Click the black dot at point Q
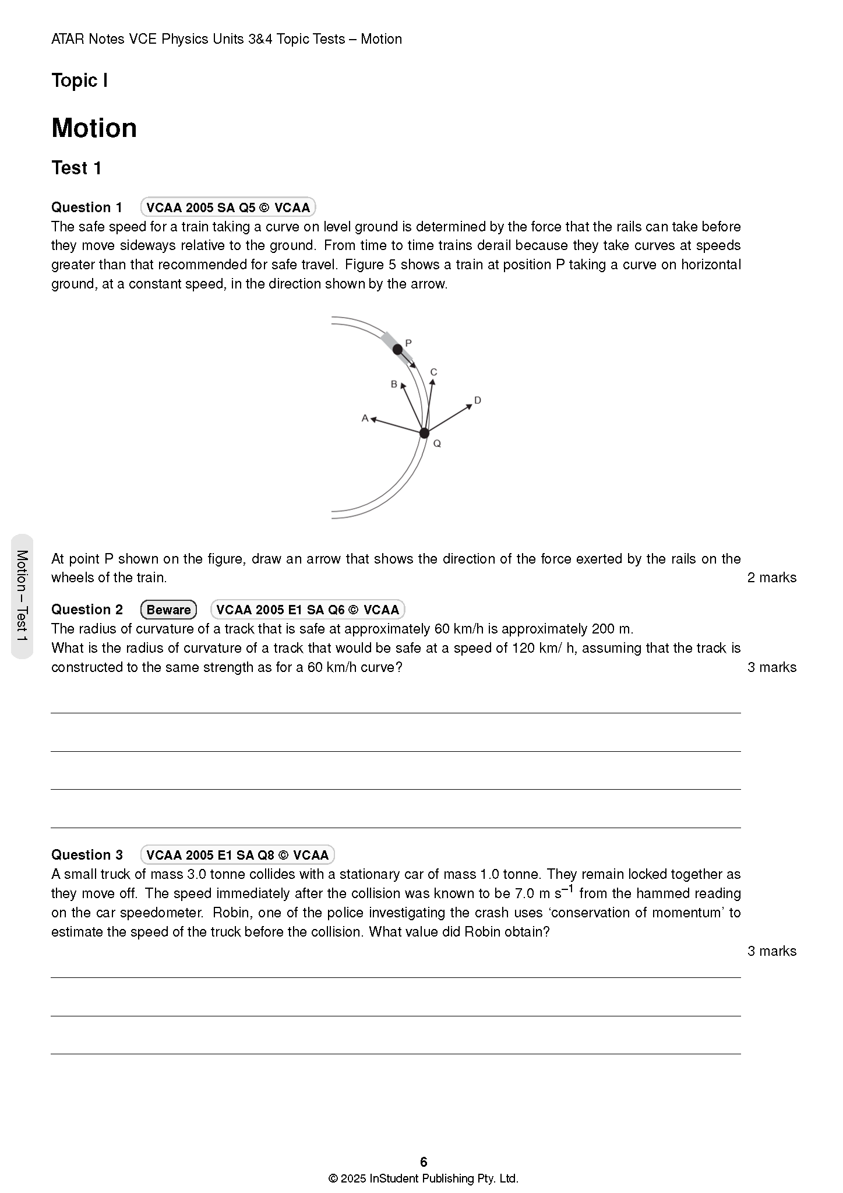click(x=424, y=433)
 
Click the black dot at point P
click(x=397, y=350)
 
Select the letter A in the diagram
click(x=365, y=418)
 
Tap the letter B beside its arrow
click(x=394, y=384)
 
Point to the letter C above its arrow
click(x=433, y=372)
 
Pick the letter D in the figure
click(x=478, y=400)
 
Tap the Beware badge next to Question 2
click(x=168, y=610)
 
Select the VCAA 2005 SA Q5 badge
click(x=228, y=207)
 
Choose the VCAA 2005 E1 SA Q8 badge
click(x=237, y=855)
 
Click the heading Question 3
click(x=87, y=855)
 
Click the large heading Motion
click(x=94, y=128)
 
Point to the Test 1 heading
click(x=76, y=168)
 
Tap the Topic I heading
click(x=79, y=80)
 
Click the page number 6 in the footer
click(x=424, y=1162)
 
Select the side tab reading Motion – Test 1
click(x=22, y=596)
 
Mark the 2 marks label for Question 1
click(x=771, y=578)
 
